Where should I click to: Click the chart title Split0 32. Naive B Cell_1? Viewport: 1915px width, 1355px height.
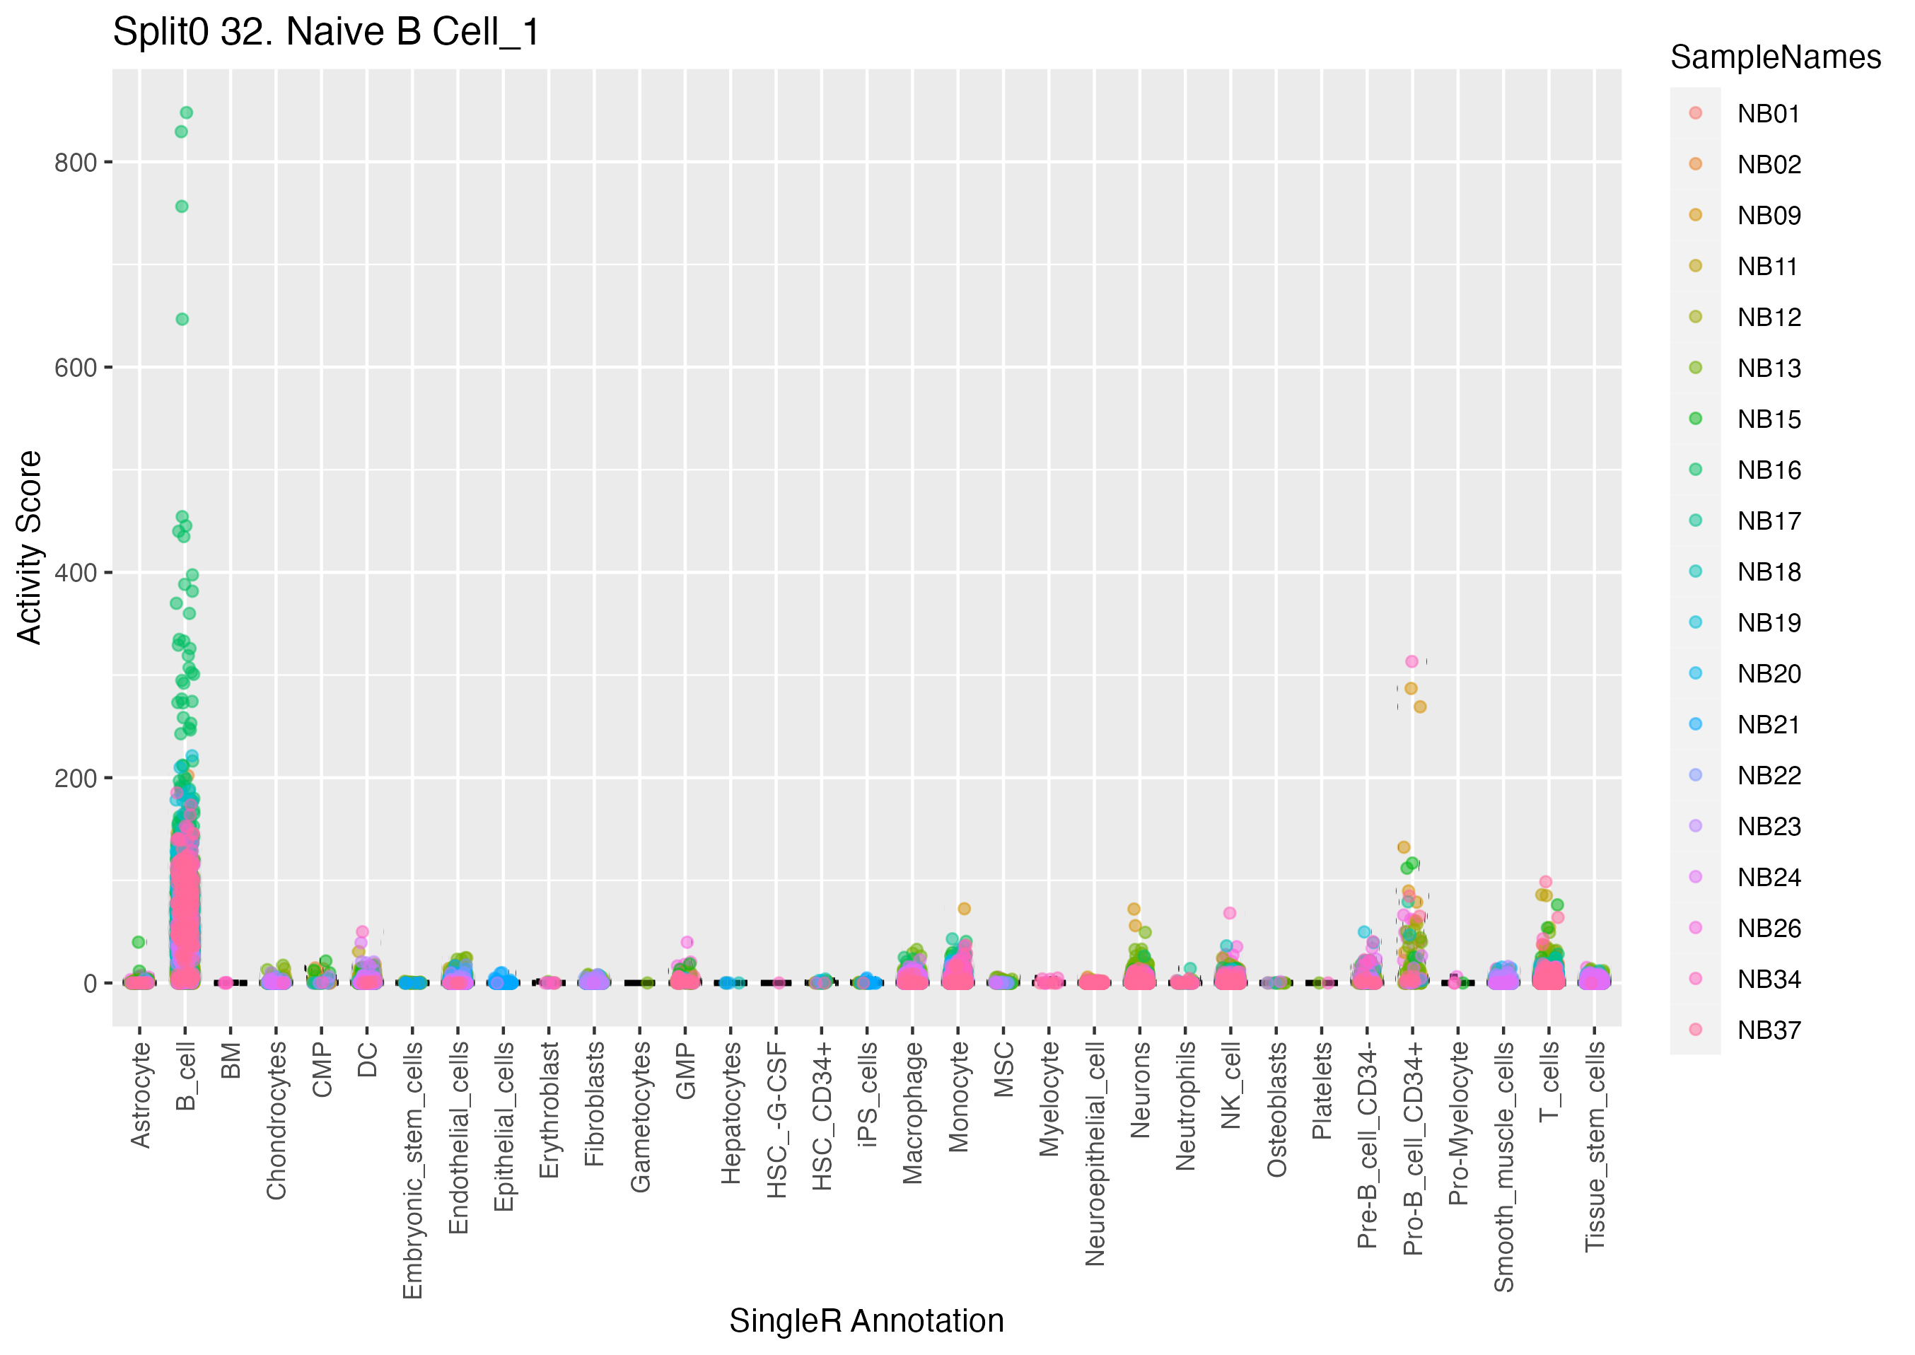pos(326,33)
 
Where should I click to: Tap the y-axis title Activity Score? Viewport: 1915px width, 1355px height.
pos(29,547)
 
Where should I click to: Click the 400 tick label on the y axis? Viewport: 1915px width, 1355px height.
pos(76,574)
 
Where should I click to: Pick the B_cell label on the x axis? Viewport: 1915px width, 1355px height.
pos(186,1076)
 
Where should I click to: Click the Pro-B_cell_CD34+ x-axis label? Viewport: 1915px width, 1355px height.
pos(1412,1147)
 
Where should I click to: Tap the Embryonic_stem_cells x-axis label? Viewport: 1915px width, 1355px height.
pos(413,1170)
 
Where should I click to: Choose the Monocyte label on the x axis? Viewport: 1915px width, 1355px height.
pos(958,1096)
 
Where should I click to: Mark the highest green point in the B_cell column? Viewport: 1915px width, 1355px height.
pos(187,112)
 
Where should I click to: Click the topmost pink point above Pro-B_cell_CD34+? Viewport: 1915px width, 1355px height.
pos(1411,662)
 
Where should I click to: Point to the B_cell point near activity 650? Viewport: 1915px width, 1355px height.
pos(182,319)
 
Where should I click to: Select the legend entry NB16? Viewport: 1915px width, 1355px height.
pos(1768,470)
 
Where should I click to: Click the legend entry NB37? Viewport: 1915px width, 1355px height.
pos(1768,1030)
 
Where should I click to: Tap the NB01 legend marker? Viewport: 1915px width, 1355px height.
pos(1695,113)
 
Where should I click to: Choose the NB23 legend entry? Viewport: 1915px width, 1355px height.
pos(1768,826)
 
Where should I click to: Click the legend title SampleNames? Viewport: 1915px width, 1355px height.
pos(1775,57)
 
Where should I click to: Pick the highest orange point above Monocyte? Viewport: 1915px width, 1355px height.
pos(963,909)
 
